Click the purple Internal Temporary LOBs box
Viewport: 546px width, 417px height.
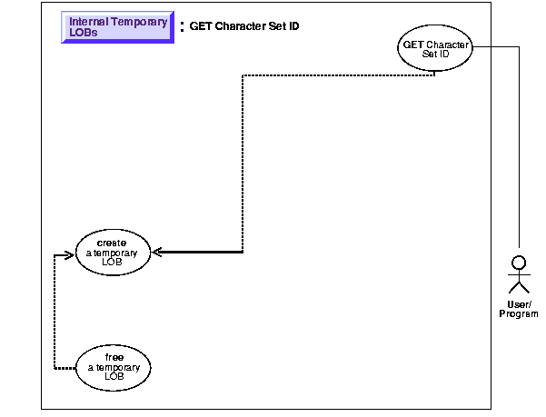117,26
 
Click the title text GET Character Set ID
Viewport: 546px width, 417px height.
244,26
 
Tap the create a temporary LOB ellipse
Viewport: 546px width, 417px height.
111,252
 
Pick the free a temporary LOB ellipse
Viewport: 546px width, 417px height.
114,366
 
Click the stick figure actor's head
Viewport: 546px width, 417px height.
519,263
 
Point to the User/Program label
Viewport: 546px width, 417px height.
518,309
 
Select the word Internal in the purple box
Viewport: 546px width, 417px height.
88,22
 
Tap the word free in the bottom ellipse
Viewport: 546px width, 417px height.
114,357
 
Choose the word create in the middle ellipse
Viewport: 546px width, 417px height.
111,243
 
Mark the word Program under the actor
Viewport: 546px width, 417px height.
519,313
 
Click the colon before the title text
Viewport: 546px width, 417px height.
182,27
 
